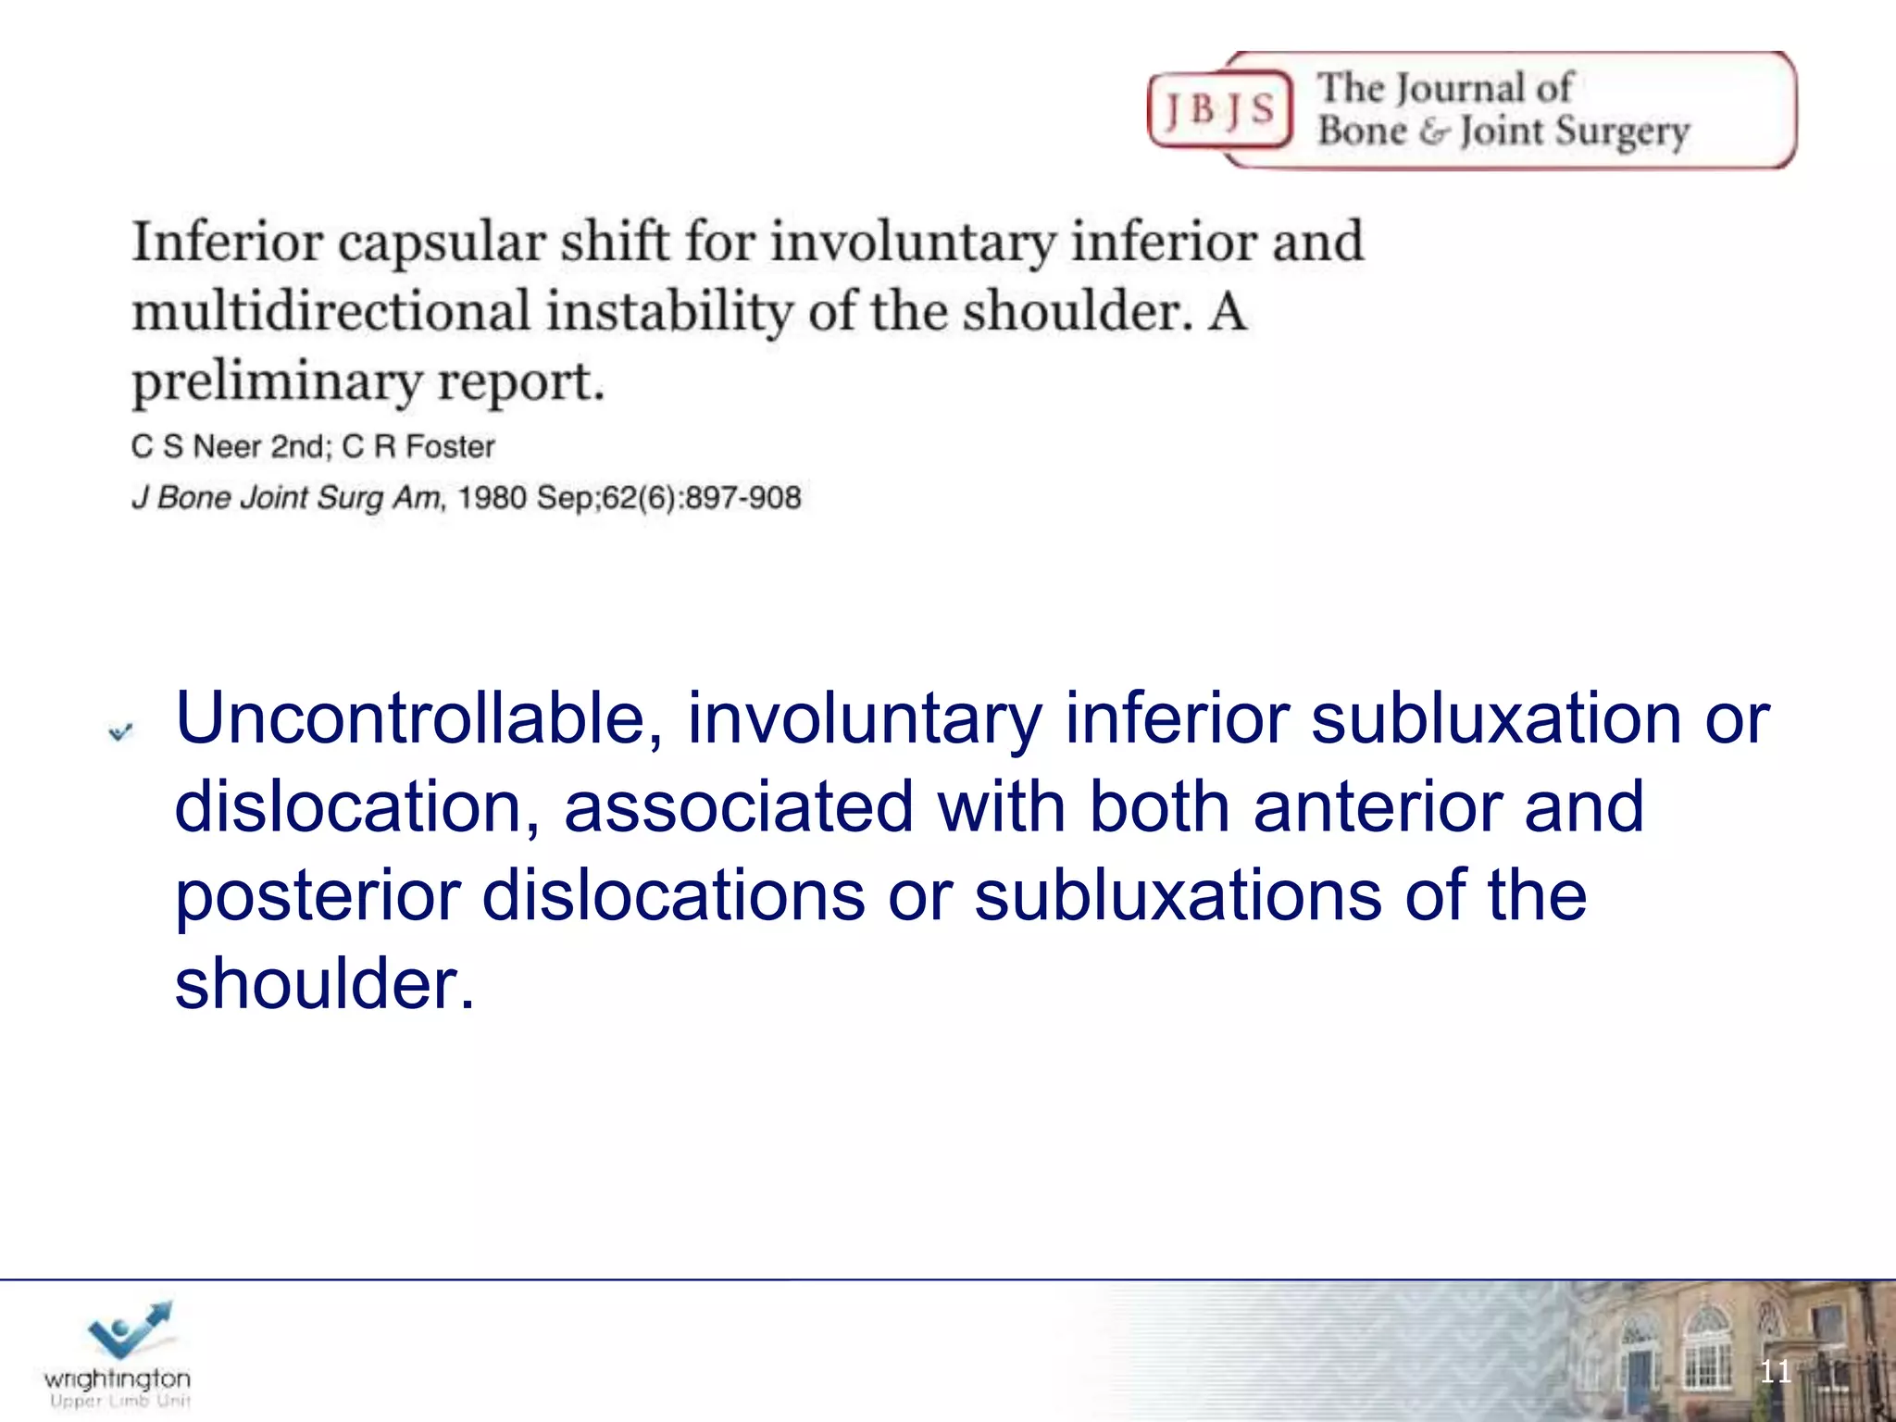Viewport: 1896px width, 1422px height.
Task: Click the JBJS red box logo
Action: click(x=1219, y=110)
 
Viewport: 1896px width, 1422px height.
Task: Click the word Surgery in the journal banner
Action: click(x=1622, y=131)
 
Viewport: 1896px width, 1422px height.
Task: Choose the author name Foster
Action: click(x=450, y=447)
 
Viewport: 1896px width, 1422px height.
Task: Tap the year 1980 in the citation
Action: click(x=492, y=498)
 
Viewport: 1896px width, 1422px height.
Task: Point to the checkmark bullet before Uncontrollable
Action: click(x=120, y=732)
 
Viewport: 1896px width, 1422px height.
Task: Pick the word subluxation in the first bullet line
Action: click(x=1495, y=718)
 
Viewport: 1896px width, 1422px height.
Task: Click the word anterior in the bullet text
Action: click(x=1378, y=806)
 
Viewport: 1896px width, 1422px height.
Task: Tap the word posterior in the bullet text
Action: click(x=318, y=896)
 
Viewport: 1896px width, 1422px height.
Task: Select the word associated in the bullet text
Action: click(x=738, y=806)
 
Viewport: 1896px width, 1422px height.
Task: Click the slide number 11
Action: click(x=1775, y=1371)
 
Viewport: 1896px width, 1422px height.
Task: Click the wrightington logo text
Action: click(x=118, y=1379)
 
